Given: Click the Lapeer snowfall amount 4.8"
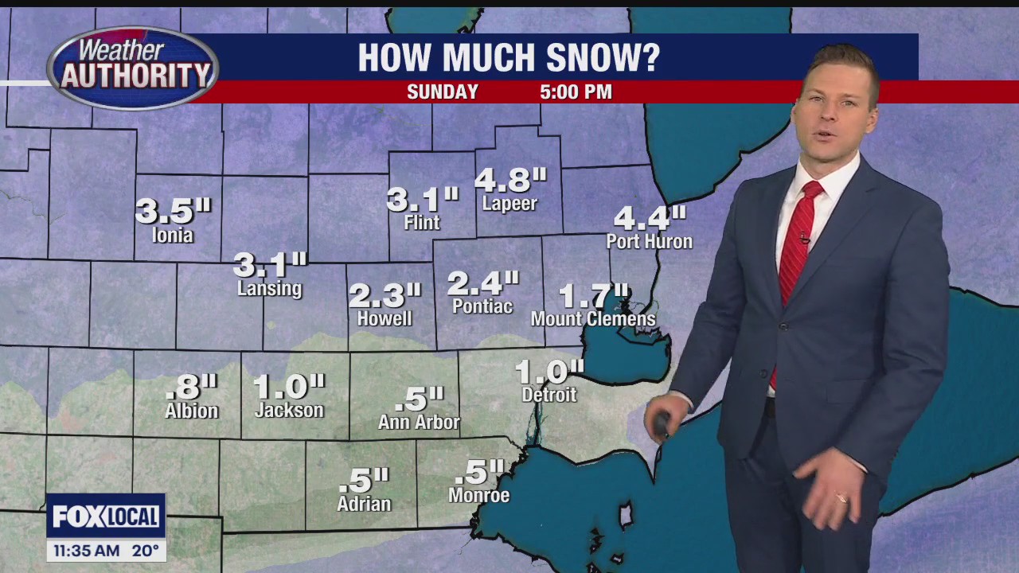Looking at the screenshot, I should pyautogui.click(x=510, y=180).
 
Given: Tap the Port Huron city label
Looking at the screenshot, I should pyautogui.click(x=649, y=241).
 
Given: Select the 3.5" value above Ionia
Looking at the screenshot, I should pyautogui.click(x=173, y=211).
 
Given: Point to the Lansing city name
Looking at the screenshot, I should pyautogui.click(x=269, y=288).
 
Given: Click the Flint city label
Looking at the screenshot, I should pyautogui.click(x=421, y=223).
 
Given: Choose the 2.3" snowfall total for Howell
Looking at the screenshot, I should pyautogui.click(x=385, y=296).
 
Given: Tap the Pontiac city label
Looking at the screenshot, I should pyautogui.click(x=482, y=306).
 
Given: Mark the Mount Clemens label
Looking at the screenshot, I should pyautogui.click(x=593, y=319).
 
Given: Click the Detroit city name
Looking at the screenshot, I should pyautogui.click(x=549, y=394).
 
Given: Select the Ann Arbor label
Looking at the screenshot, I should pyautogui.click(x=419, y=422).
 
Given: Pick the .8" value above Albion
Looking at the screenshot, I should pyautogui.click(x=191, y=388).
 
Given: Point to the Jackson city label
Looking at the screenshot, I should pyautogui.click(x=289, y=411).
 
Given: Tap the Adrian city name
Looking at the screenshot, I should pyautogui.click(x=364, y=504).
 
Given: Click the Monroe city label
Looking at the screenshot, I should pyautogui.click(x=478, y=495).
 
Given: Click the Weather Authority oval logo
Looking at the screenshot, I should pyautogui.click(x=133, y=68).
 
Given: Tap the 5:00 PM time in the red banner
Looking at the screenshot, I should pyautogui.click(x=576, y=92).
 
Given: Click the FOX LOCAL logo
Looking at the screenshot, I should pyautogui.click(x=106, y=516).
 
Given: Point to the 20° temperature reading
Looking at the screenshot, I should pyautogui.click(x=145, y=550).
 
